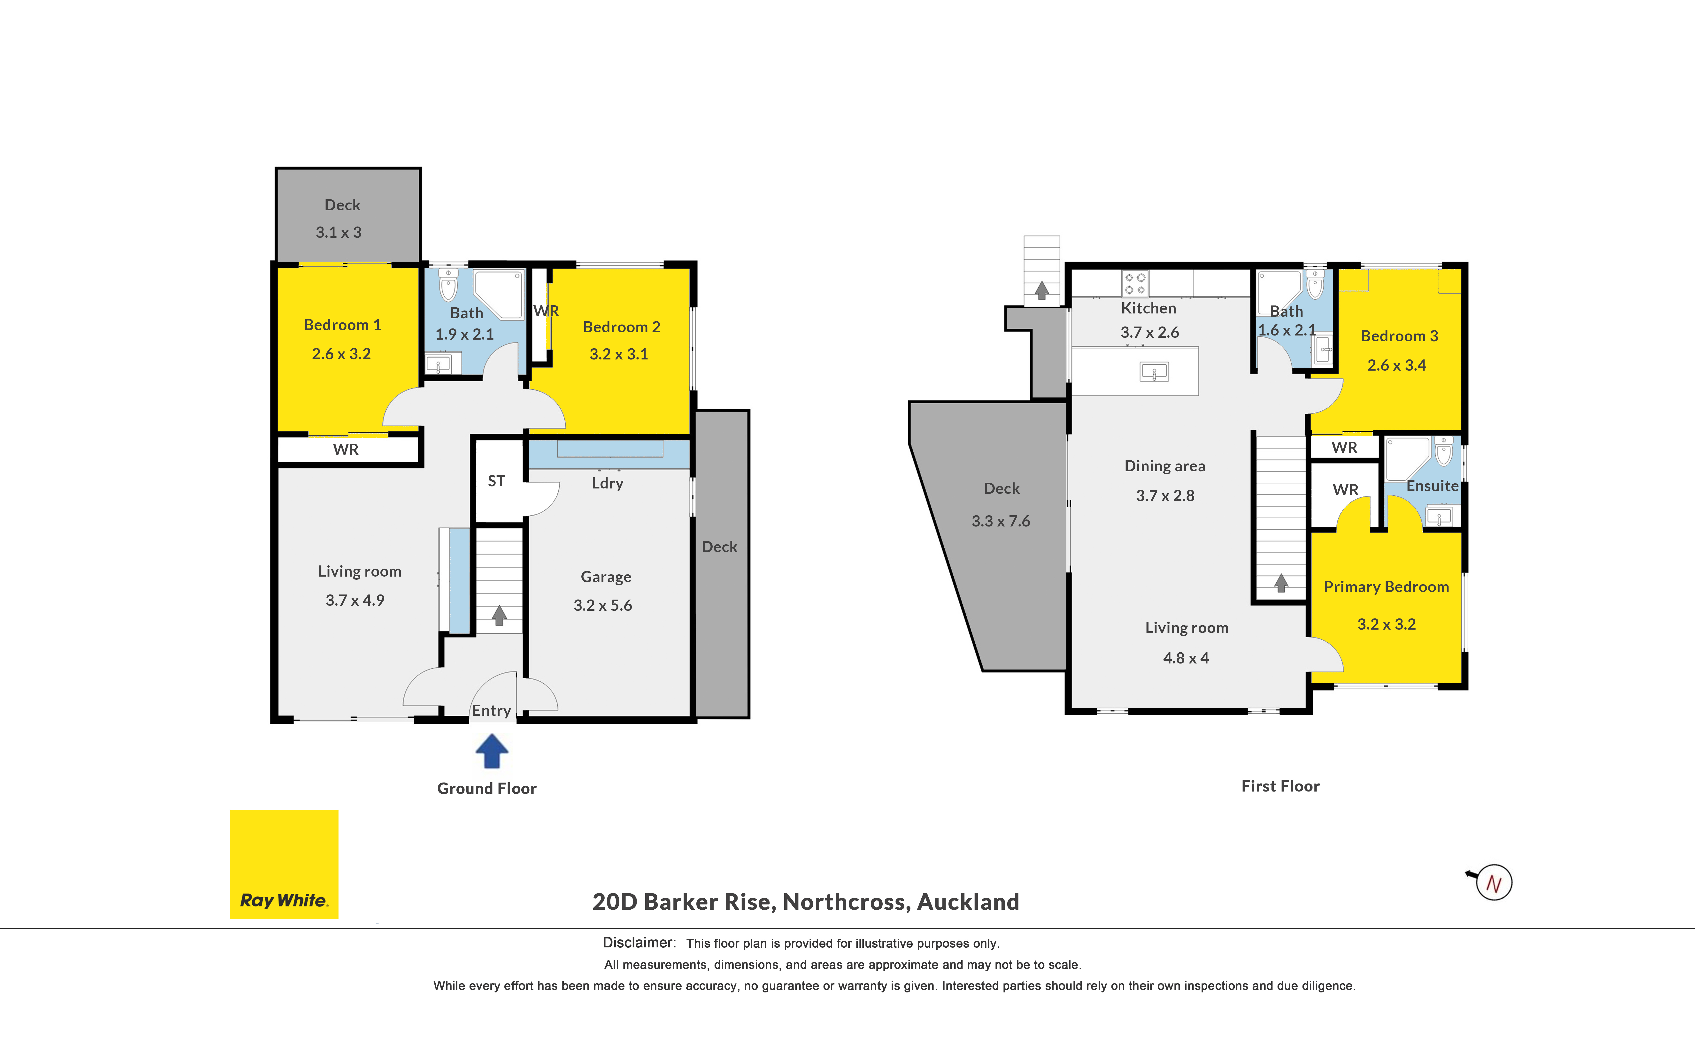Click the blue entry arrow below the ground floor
click(x=492, y=751)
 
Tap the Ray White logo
click(x=284, y=864)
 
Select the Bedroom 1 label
click(x=342, y=325)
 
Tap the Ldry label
click(x=607, y=483)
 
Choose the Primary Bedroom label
click(x=1386, y=587)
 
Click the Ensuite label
click(x=1432, y=486)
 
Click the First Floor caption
click(x=1280, y=786)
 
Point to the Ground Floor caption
click(x=487, y=789)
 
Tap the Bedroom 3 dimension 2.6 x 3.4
click(x=1397, y=365)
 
